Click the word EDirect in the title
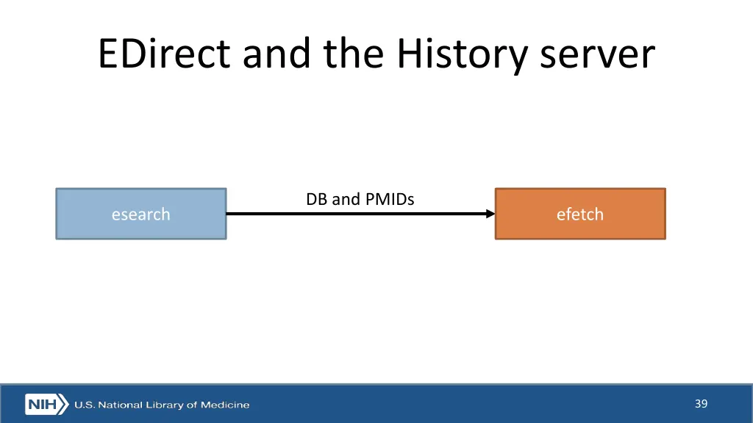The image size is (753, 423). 165,54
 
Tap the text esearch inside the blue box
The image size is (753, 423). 140,214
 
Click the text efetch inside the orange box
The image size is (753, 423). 579,214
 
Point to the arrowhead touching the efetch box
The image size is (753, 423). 490,214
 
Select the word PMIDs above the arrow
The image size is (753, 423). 390,199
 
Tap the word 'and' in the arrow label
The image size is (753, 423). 346,199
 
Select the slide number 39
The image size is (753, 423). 700,404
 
